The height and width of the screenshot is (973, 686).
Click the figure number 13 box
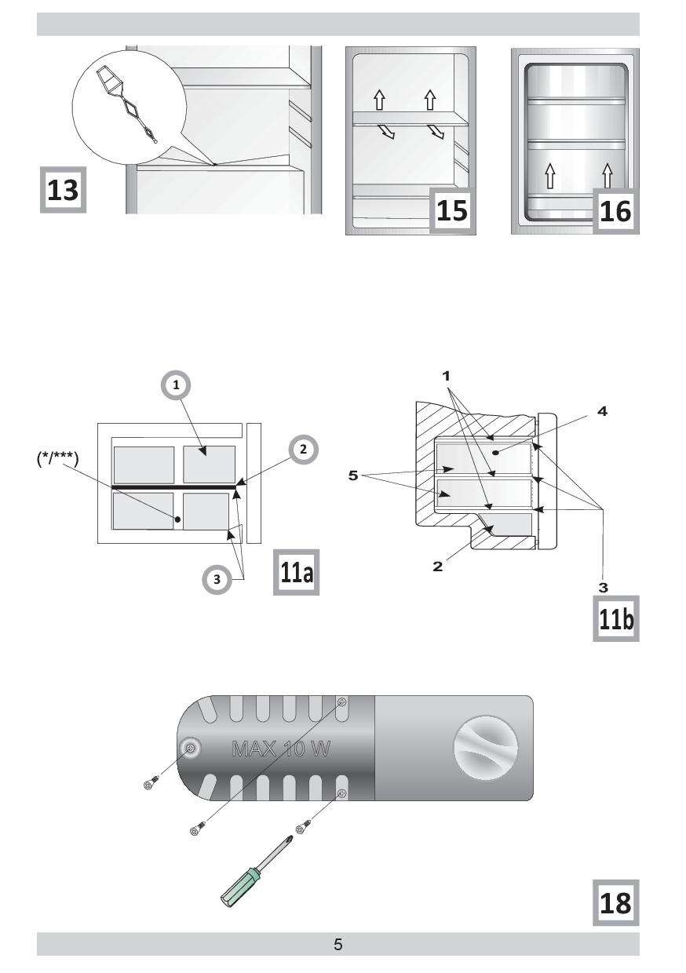(x=64, y=190)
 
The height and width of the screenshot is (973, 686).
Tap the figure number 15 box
(x=452, y=210)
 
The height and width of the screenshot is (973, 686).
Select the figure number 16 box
(x=615, y=211)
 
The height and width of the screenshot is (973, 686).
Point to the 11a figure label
(x=296, y=572)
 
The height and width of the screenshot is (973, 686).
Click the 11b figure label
(x=616, y=618)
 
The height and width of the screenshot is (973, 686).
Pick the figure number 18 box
(x=616, y=902)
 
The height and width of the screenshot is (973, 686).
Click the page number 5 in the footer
(x=338, y=945)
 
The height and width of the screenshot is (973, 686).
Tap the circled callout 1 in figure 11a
(x=176, y=384)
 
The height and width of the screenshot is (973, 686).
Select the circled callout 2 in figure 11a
(x=303, y=449)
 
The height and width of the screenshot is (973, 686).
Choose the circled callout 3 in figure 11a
(x=217, y=579)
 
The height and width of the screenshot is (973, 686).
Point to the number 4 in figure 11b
(x=602, y=411)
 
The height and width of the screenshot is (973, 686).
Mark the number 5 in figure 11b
(x=353, y=476)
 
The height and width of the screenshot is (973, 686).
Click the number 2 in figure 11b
(x=437, y=567)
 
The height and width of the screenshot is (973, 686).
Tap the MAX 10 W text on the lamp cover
(x=281, y=749)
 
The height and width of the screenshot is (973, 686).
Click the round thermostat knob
(x=486, y=747)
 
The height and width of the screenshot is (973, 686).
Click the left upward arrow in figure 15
(x=380, y=100)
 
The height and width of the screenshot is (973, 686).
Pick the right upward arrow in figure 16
(x=608, y=176)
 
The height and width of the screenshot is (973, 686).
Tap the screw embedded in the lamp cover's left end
(x=190, y=748)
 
